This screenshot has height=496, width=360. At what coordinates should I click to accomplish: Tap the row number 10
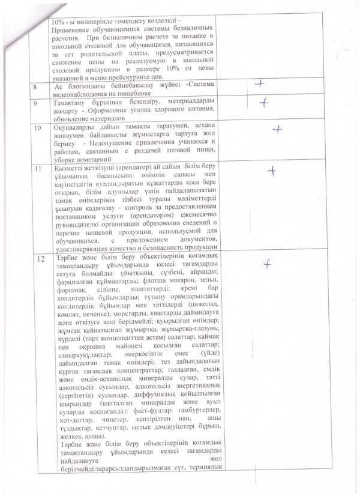40,129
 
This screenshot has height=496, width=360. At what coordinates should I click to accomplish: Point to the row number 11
40,169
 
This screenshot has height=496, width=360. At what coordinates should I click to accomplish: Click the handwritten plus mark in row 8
259,85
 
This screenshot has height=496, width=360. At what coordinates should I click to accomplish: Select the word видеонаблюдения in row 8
82,93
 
